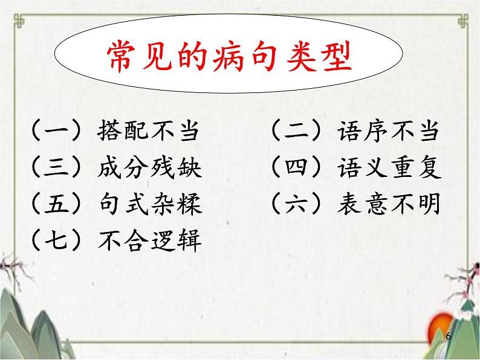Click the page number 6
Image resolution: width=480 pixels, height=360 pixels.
(x=447, y=335)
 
